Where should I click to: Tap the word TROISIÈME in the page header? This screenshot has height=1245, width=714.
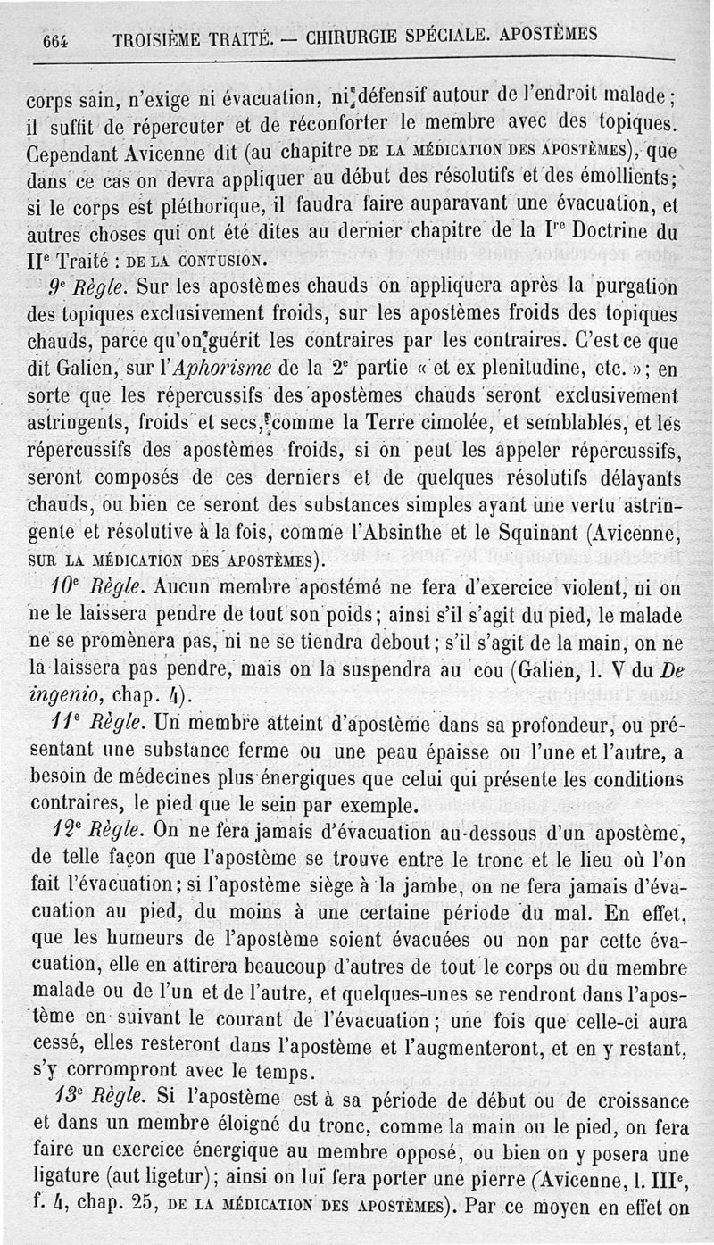coord(158,40)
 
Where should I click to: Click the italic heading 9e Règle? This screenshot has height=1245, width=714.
coord(81,290)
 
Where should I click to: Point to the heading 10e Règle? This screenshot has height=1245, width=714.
coord(95,588)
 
